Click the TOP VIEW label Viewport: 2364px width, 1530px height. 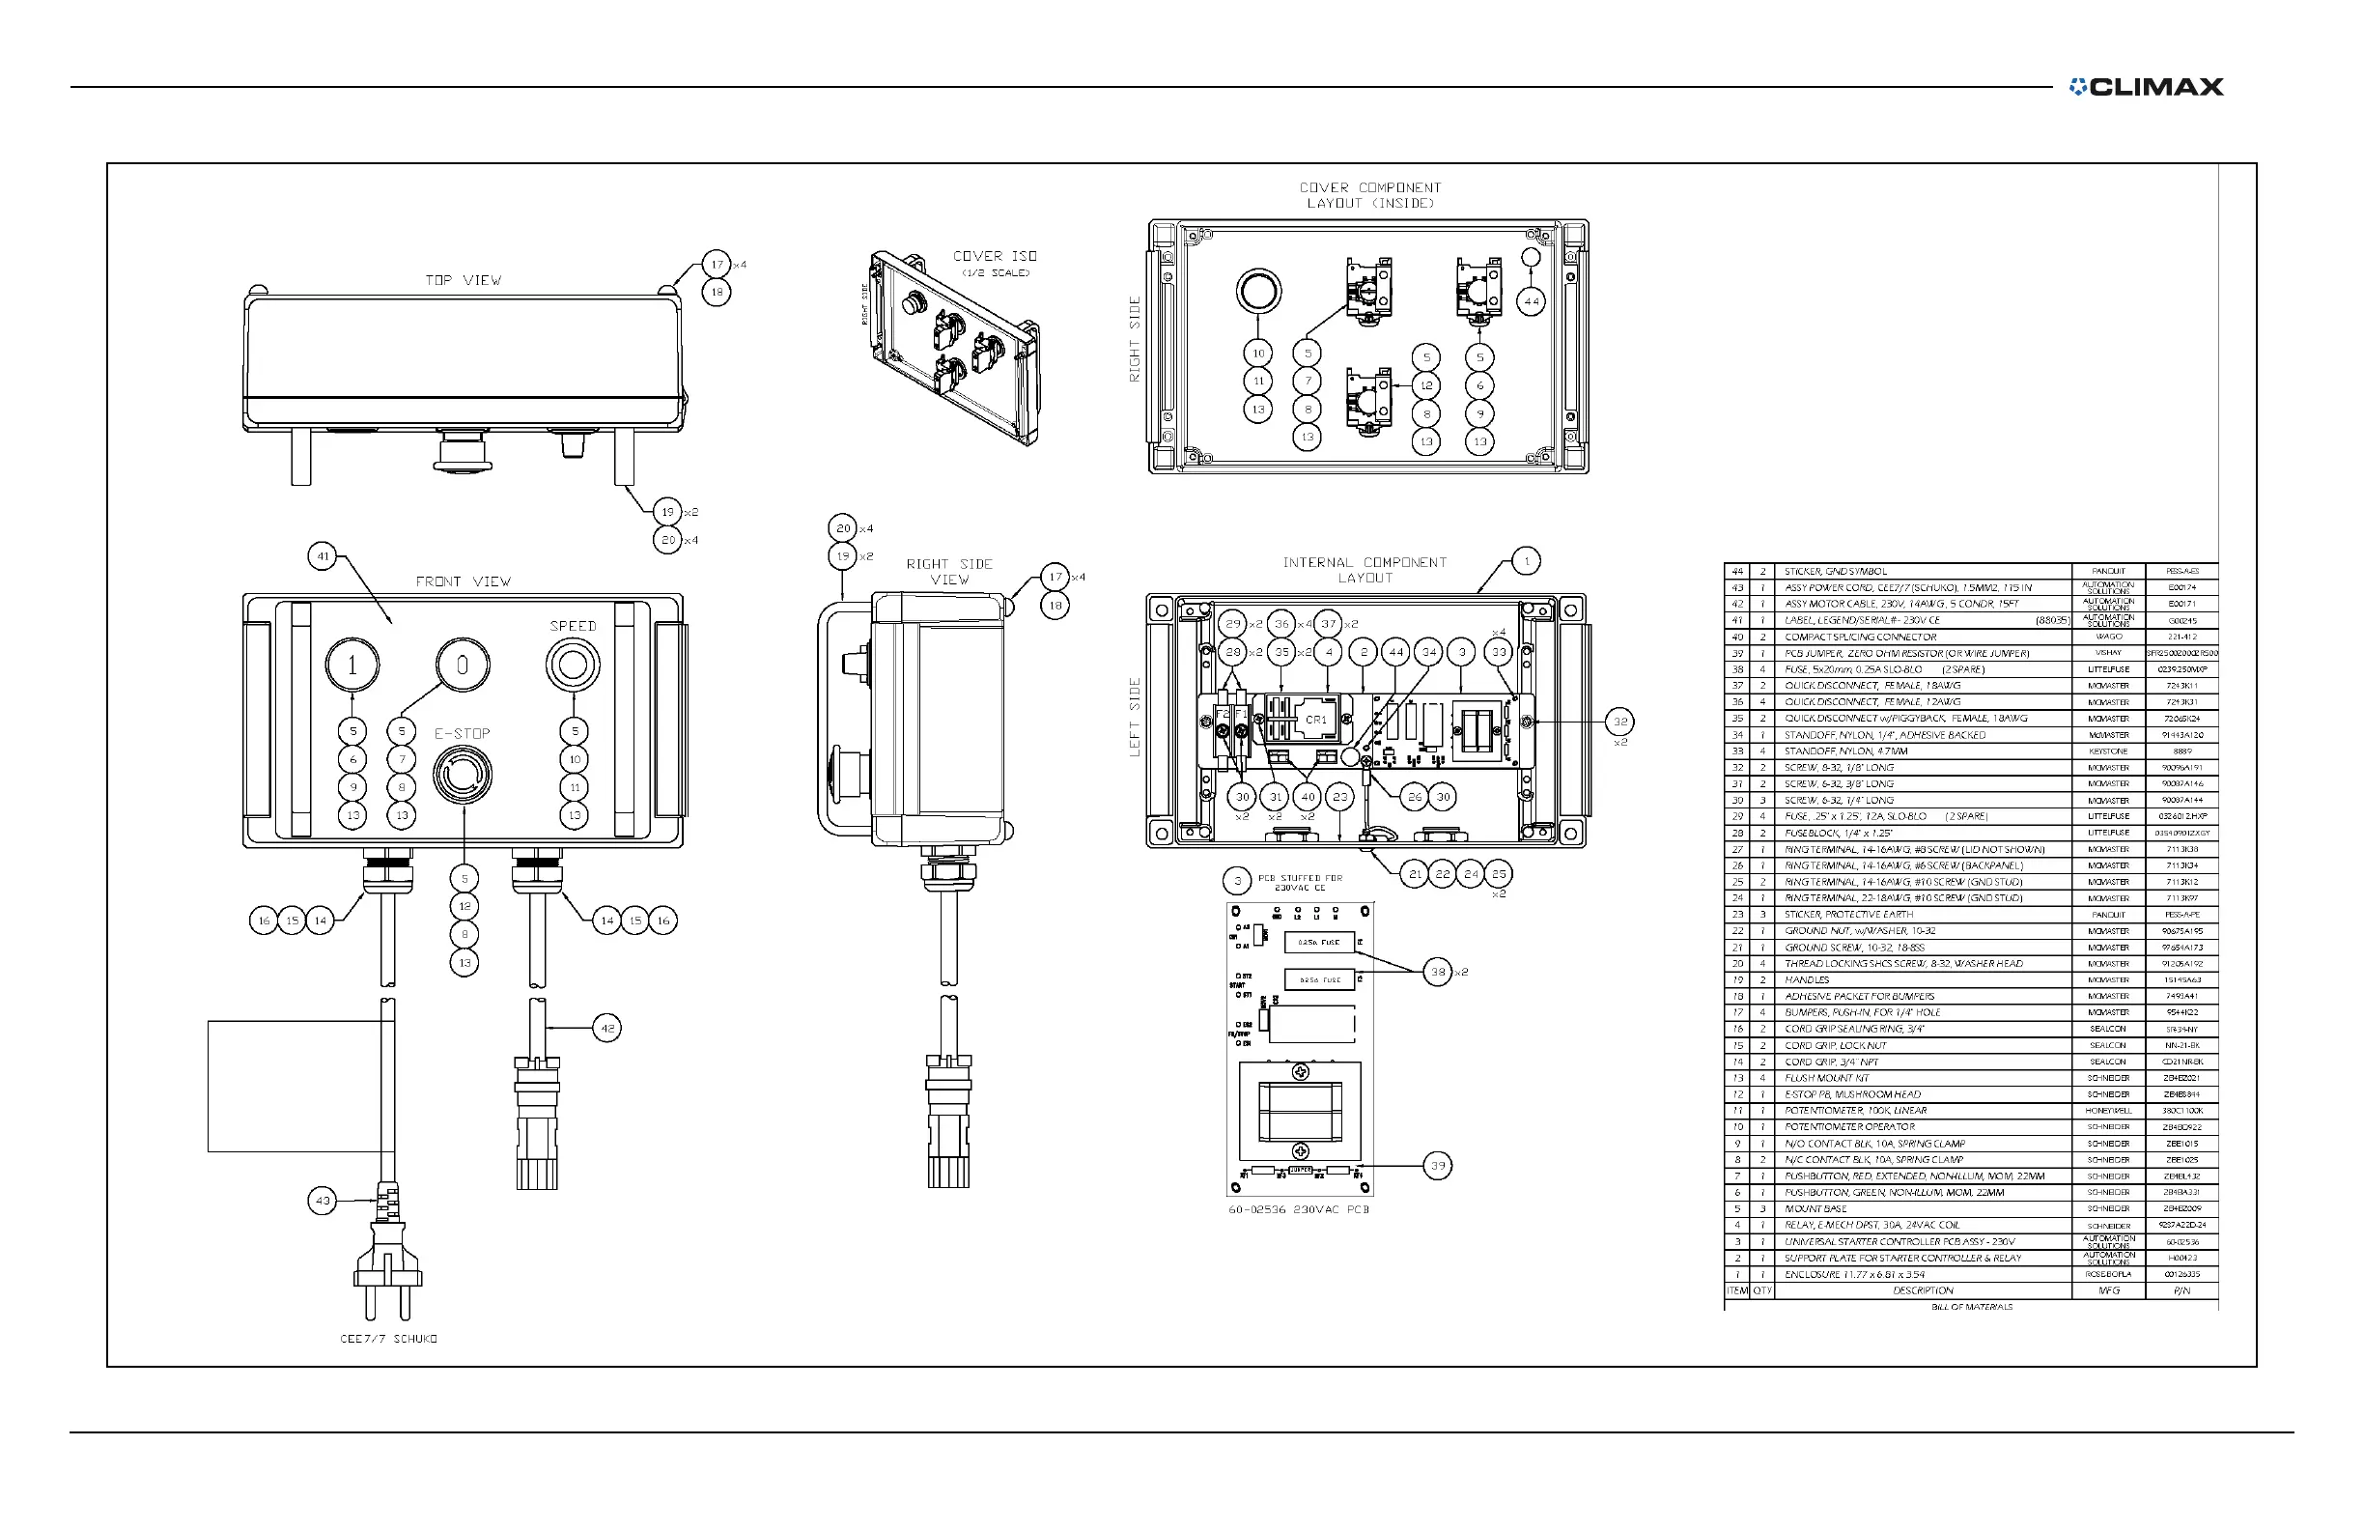coord(463,281)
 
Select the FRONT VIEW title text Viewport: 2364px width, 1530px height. coord(463,581)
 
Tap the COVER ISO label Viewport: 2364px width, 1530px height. coord(995,256)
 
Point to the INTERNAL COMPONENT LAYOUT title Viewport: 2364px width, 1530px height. coord(1365,569)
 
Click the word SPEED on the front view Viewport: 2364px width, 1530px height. coord(573,626)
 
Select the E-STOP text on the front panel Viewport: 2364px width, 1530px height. coord(462,733)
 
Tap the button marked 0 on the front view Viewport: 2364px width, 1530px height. coord(462,665)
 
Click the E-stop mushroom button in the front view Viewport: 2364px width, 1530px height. coord(462,775)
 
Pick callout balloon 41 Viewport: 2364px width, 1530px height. coord(323,556)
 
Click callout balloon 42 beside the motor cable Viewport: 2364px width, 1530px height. coord(606,1028)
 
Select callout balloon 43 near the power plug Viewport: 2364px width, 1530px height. coord(323,1201)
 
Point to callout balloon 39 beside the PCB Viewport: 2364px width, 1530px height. coord(1437,1166)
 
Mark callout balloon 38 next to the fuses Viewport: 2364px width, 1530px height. coord(1437,972)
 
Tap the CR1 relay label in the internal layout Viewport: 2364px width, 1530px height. coord(1316,720)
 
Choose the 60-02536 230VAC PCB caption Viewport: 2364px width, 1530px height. coord(1299,1209)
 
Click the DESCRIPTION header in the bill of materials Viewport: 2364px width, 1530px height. coord(1922,1290)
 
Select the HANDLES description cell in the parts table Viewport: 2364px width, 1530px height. coord(1807,979)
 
